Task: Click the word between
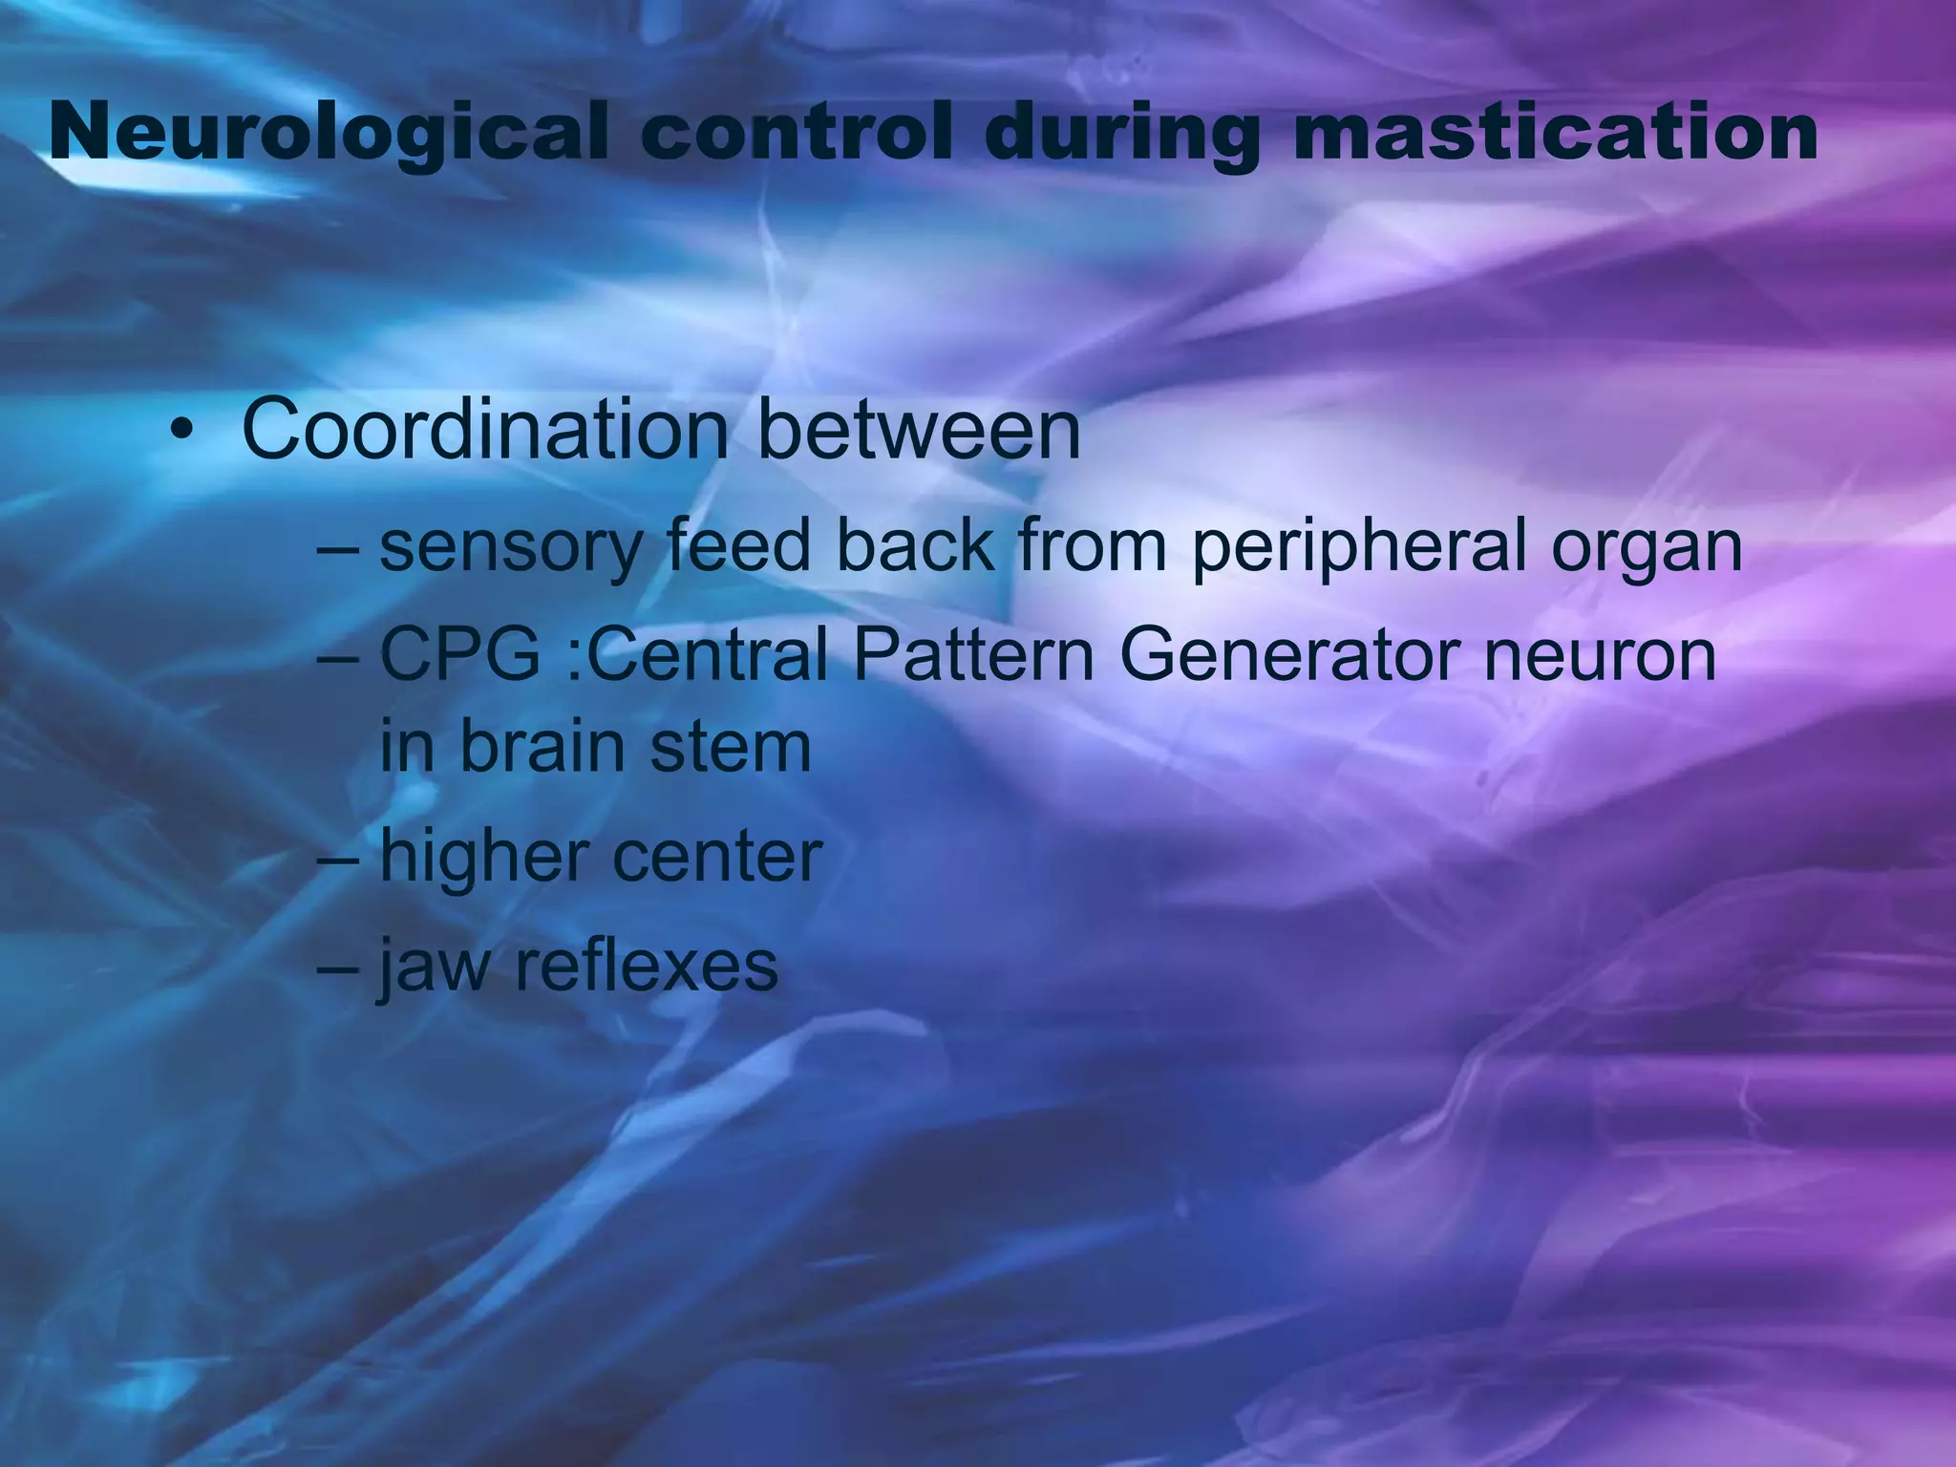point(919,430)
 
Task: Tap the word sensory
point(511,548)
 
